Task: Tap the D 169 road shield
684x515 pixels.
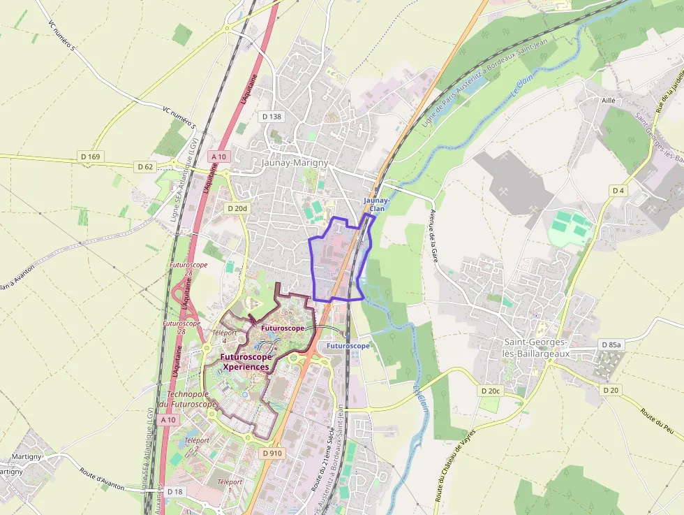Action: [x=90, y=157]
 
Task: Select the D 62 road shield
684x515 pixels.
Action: [x=145, y=166]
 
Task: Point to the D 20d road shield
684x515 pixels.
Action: [x=237, y=208]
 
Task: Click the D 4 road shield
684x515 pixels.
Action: [x=618, y=190]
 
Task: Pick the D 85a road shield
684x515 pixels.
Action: [x=611, y=345]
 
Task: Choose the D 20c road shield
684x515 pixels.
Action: [x=491, y=391]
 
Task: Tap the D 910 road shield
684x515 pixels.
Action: [x=273, y=454]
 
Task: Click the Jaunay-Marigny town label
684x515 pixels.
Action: [x=294, y=162]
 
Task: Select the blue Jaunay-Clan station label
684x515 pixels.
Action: [x=376, y=204]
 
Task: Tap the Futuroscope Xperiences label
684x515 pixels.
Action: [x=244, y=361]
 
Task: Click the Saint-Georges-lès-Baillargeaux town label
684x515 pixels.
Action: [x=537, y=347]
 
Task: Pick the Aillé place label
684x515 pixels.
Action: [x=608, y=101]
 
